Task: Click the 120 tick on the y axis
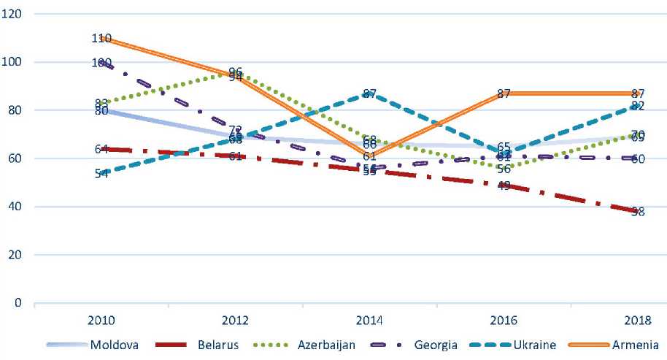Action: pos(13,14)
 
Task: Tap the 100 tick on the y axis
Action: pos(13,62)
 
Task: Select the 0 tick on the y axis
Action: pos(18,303)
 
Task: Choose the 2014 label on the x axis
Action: pos(369,321)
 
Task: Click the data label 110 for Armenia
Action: pos(101,38)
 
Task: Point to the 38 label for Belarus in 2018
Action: pos(637,212)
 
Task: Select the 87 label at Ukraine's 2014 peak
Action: pos(369,93)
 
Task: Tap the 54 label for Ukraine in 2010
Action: pos(101,173)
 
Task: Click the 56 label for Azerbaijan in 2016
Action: pos(503,169)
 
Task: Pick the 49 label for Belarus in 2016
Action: pos(503,185)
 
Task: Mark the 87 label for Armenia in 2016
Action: pos(503,93)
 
